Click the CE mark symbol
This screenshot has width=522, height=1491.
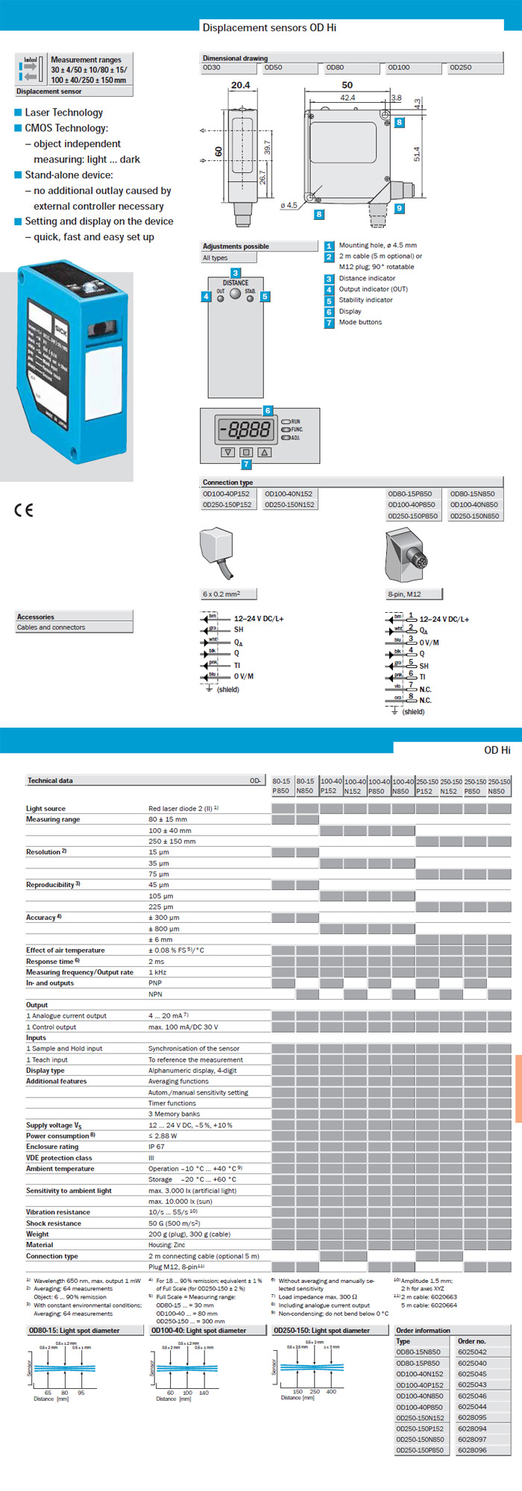click(x=24, y=510)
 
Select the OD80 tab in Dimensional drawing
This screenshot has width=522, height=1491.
click(x=335, y=68)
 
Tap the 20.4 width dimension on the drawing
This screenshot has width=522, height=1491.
click(x=240, y=85)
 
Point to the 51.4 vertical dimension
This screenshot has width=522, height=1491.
click(x=417, y=154)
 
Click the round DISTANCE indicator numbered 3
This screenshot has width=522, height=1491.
click(x=235, y=293)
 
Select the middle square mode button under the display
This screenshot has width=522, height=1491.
click(x=246, y=452)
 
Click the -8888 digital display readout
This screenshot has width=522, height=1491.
click(x=245, y=429)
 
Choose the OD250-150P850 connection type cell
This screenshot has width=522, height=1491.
click(x=413, y=516)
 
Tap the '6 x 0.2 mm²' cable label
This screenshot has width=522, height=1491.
click(x=221, y=594)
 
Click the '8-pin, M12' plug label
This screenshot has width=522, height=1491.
click(x=404, y=594)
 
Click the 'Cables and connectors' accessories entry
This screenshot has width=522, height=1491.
click(x=51, y=628)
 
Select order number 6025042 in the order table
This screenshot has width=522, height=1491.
click(x=472, y=1352)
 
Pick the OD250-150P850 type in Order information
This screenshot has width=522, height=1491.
click(x=420, y=1450)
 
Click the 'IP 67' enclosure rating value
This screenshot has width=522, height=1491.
click(x=157, y=1147)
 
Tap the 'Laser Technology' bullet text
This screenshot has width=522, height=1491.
click(x=64, y=113)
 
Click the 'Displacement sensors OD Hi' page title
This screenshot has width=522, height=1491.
click(x=269, y=28)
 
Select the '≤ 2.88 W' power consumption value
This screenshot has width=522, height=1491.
click(x=163, y=1136)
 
